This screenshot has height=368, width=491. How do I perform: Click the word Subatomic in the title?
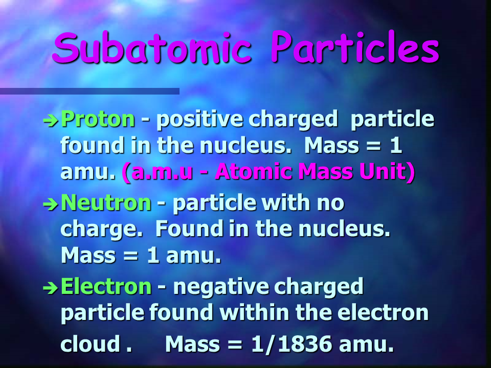(152, 48)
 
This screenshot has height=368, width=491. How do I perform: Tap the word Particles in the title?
(355, 47)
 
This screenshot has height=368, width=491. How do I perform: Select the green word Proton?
(98, 119)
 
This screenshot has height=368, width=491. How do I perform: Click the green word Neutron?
(106, 202)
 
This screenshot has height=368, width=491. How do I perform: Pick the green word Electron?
(106, 286)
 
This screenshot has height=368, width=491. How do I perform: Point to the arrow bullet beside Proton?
(51, 121)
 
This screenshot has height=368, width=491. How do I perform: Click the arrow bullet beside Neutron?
(51, 204)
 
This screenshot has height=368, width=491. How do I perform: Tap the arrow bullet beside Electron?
(51, 288)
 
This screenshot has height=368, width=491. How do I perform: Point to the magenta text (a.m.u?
(157, 172)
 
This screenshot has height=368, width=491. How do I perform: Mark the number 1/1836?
(292, 344)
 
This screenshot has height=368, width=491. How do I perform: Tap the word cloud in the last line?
(91, 343)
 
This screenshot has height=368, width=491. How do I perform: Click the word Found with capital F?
(189, 228)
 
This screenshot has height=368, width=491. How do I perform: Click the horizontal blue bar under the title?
(90, 91)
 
